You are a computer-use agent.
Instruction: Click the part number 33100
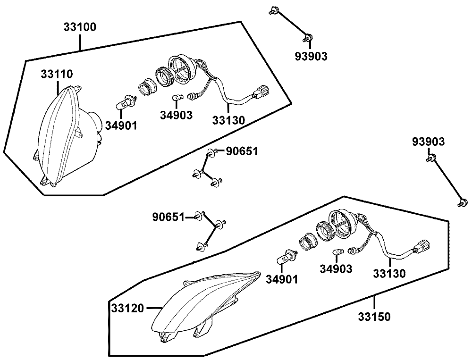80,27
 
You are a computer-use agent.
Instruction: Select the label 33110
56,74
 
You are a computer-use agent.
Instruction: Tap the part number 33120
127,309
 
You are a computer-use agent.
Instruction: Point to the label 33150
375,317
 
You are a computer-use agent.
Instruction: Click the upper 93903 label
311,57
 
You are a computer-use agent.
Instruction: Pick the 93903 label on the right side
428,142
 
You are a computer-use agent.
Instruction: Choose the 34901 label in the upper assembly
121,126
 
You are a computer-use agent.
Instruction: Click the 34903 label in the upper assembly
176,115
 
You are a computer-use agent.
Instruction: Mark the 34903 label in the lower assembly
336,269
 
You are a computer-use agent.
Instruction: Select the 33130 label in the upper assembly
229,120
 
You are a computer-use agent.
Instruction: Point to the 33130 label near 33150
389,273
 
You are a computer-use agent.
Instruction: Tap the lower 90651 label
168,217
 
